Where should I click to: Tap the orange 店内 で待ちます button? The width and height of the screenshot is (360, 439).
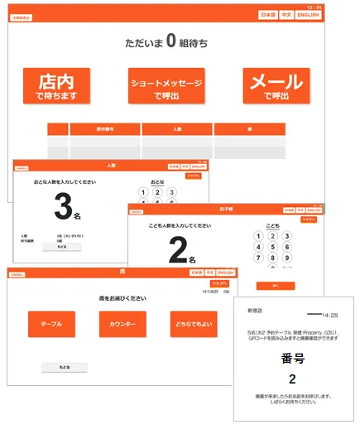(56, 85)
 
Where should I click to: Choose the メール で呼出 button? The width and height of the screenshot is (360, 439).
(276, 85)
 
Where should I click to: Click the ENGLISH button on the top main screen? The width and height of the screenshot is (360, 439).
(308, 16)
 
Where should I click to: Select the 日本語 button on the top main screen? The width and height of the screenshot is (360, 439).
(268, 16)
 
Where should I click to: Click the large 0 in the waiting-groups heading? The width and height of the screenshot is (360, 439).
(171, 40)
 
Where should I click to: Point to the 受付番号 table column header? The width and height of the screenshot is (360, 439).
(105, 128)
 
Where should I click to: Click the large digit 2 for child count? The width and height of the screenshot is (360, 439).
(175, 250)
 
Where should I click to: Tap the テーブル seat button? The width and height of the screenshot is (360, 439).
(51, 324)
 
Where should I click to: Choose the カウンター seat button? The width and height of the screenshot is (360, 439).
(122, 324)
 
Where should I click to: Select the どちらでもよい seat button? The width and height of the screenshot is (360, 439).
(194, 324)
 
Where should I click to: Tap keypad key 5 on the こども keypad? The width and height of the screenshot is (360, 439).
(272, 246)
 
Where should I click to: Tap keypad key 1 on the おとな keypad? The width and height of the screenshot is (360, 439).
(143, 192)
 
